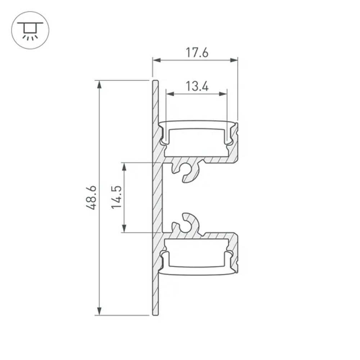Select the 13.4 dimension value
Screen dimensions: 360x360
coord(197,86)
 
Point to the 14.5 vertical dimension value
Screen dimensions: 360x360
coord(116,198)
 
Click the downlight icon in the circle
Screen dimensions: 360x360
coord(30,30)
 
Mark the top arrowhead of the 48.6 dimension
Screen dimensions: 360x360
coord(99,84)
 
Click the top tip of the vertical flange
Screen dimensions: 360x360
coord(155,81)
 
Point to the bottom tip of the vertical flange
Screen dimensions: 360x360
coord(155,314)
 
